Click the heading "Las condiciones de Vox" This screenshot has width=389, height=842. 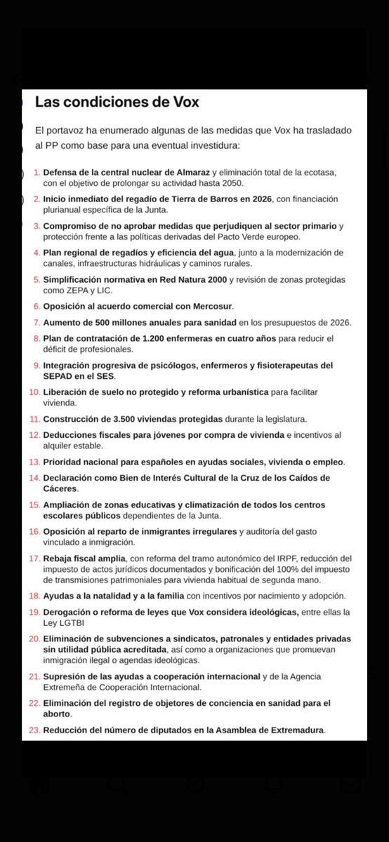117,102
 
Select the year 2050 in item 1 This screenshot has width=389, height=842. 228,182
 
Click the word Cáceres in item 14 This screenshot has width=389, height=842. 60,488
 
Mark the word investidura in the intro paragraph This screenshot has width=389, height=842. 215,145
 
